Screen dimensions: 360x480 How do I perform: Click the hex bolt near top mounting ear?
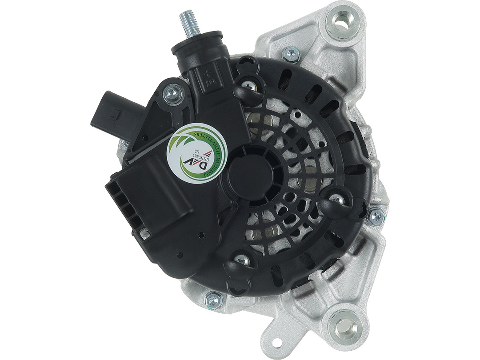pos(291,54)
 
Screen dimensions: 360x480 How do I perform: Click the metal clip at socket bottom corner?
pos(145,232)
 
